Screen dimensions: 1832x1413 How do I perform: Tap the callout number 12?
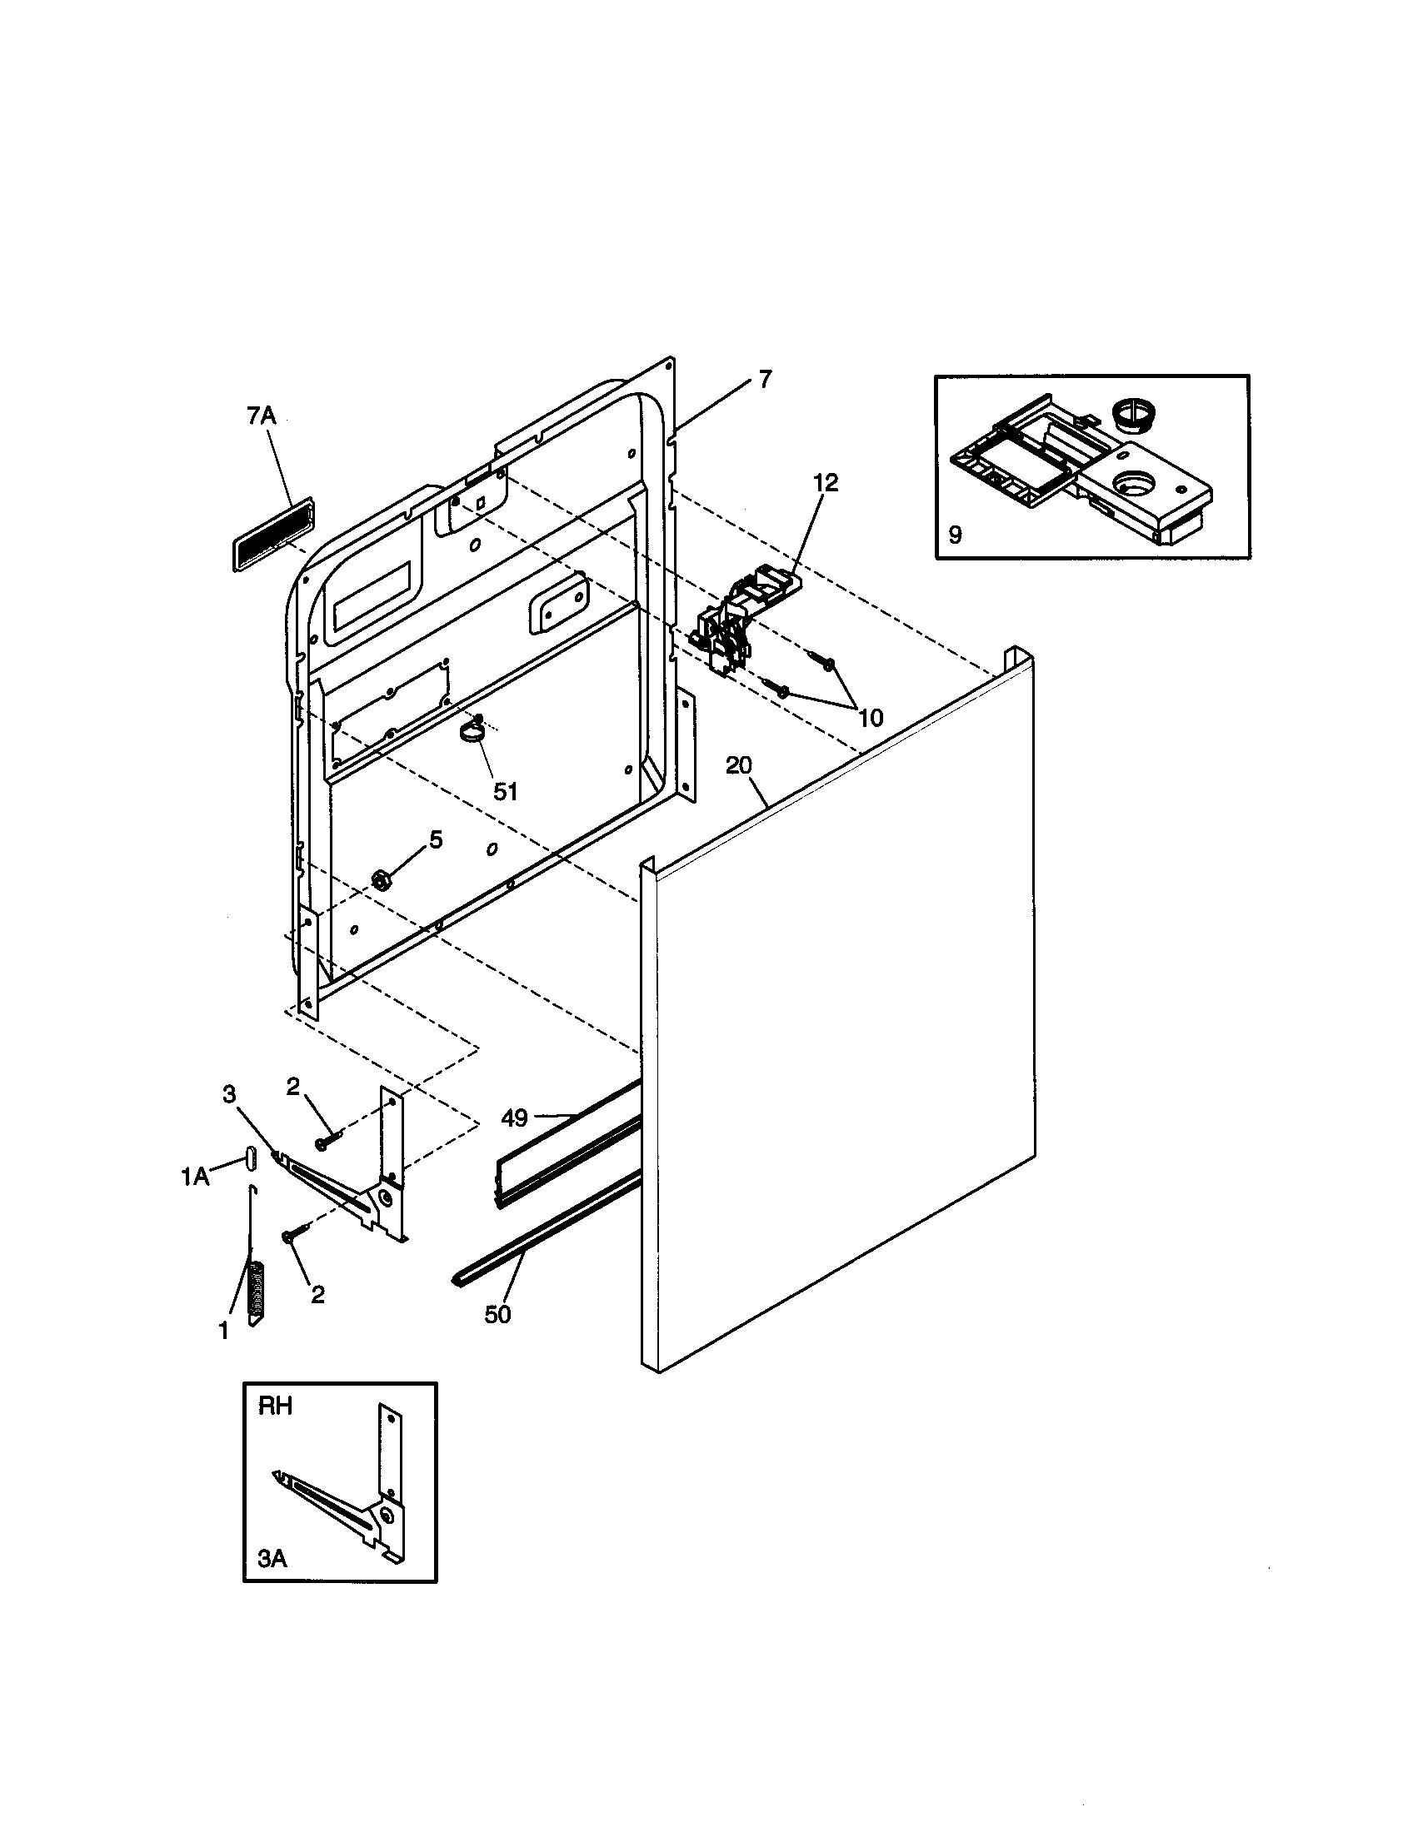click(825, 483)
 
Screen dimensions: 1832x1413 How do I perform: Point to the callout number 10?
click(871, 717)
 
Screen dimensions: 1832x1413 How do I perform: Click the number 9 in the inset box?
click(955, 535)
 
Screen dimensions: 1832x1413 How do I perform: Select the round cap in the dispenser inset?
click(1131, 416)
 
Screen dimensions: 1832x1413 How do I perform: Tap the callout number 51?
click(505, 791)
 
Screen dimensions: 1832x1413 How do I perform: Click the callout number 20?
click(738, 765)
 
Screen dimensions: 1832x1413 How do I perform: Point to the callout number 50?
click(497, 1314)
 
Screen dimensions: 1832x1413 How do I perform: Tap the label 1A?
click(195, 1177)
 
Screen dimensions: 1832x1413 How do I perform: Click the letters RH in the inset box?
click(275, 1406)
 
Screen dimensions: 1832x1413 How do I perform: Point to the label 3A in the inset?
click(272, 1559)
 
